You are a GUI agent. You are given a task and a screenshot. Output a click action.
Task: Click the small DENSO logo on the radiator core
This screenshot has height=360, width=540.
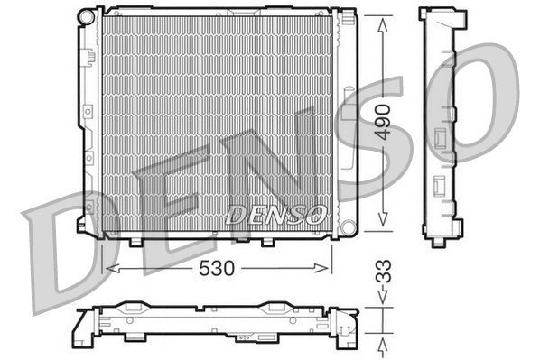(x=275, y=214)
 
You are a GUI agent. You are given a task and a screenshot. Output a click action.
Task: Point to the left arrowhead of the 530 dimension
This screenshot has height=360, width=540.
(x=110, y=268)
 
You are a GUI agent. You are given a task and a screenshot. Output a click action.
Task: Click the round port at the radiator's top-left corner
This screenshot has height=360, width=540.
(x=86, y=15)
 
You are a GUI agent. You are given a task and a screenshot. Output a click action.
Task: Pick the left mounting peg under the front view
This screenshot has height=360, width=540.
(x=135, y=241)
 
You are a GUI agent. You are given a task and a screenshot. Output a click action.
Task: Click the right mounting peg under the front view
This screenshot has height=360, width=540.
(x=268, y=241)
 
